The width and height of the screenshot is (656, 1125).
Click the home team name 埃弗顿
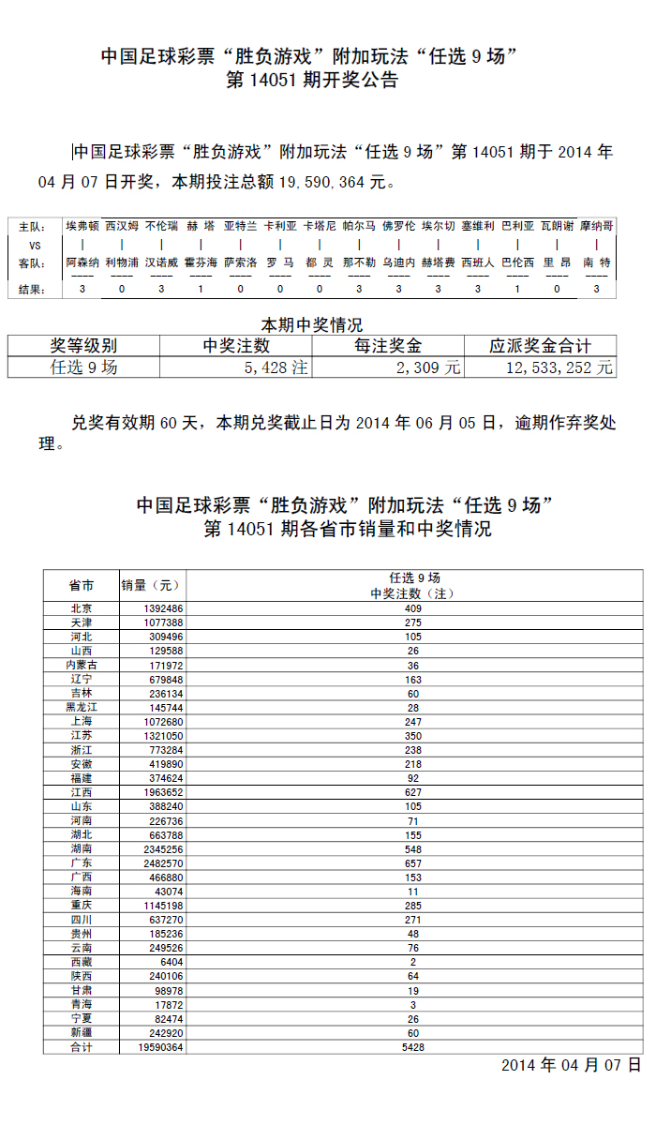click(82, 226)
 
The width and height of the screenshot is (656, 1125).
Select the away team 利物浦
click(122, 262)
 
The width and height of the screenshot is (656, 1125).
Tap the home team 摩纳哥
click(597, 226)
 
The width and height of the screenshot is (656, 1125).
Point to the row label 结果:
click(33, 290)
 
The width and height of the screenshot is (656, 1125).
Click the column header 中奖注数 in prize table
click(236, 346)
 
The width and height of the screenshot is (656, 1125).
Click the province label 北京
click(82, 608)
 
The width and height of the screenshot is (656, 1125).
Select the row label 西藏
click(82, 962)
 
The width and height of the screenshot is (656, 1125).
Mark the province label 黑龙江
click(82, 707)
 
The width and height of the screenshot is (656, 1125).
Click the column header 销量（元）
click(150, 586)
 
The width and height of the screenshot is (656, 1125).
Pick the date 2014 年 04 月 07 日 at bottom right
click(571, 1066)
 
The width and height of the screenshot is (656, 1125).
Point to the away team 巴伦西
click(518, 262)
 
